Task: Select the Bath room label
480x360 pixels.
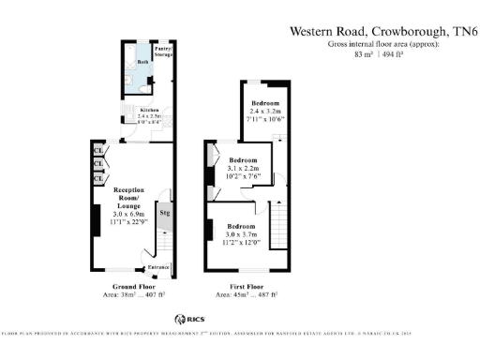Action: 142,62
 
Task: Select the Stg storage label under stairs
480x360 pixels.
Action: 164,214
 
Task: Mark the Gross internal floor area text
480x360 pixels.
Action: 379,44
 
